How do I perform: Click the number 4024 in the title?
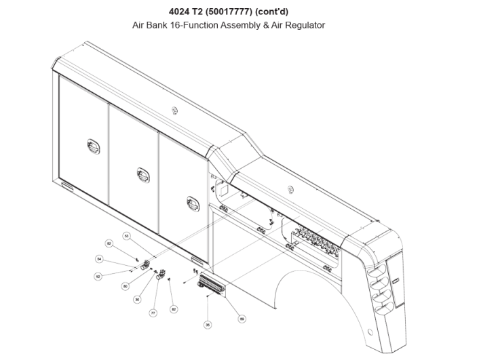coord(178,12)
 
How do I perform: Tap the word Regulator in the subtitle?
coord(307,25)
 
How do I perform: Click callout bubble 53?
coord(126,236)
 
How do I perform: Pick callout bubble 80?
coord(125,286)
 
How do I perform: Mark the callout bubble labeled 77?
coord(153,313)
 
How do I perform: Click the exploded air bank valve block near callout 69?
coord(212,285)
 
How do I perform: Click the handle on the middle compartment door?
coord(142,174)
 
